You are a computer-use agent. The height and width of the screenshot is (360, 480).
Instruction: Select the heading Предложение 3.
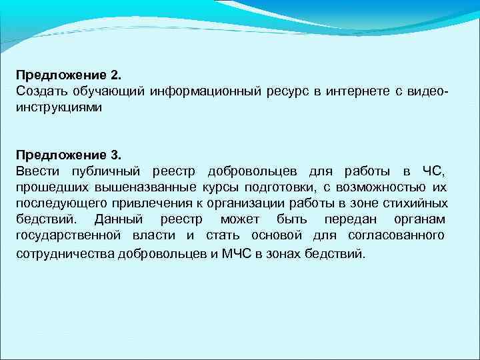point(65,155)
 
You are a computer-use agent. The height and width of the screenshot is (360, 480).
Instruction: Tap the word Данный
point(117,219)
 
